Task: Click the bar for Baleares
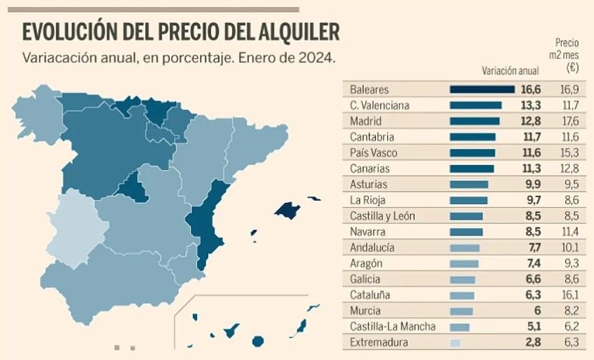coord(482,90)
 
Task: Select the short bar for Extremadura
coord(455,343)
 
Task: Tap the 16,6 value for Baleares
coord(532,90)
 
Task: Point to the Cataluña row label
coord(370,295)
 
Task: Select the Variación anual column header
coord(510,71)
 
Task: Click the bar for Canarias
coord(471,169)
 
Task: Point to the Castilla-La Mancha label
coord(392,327)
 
